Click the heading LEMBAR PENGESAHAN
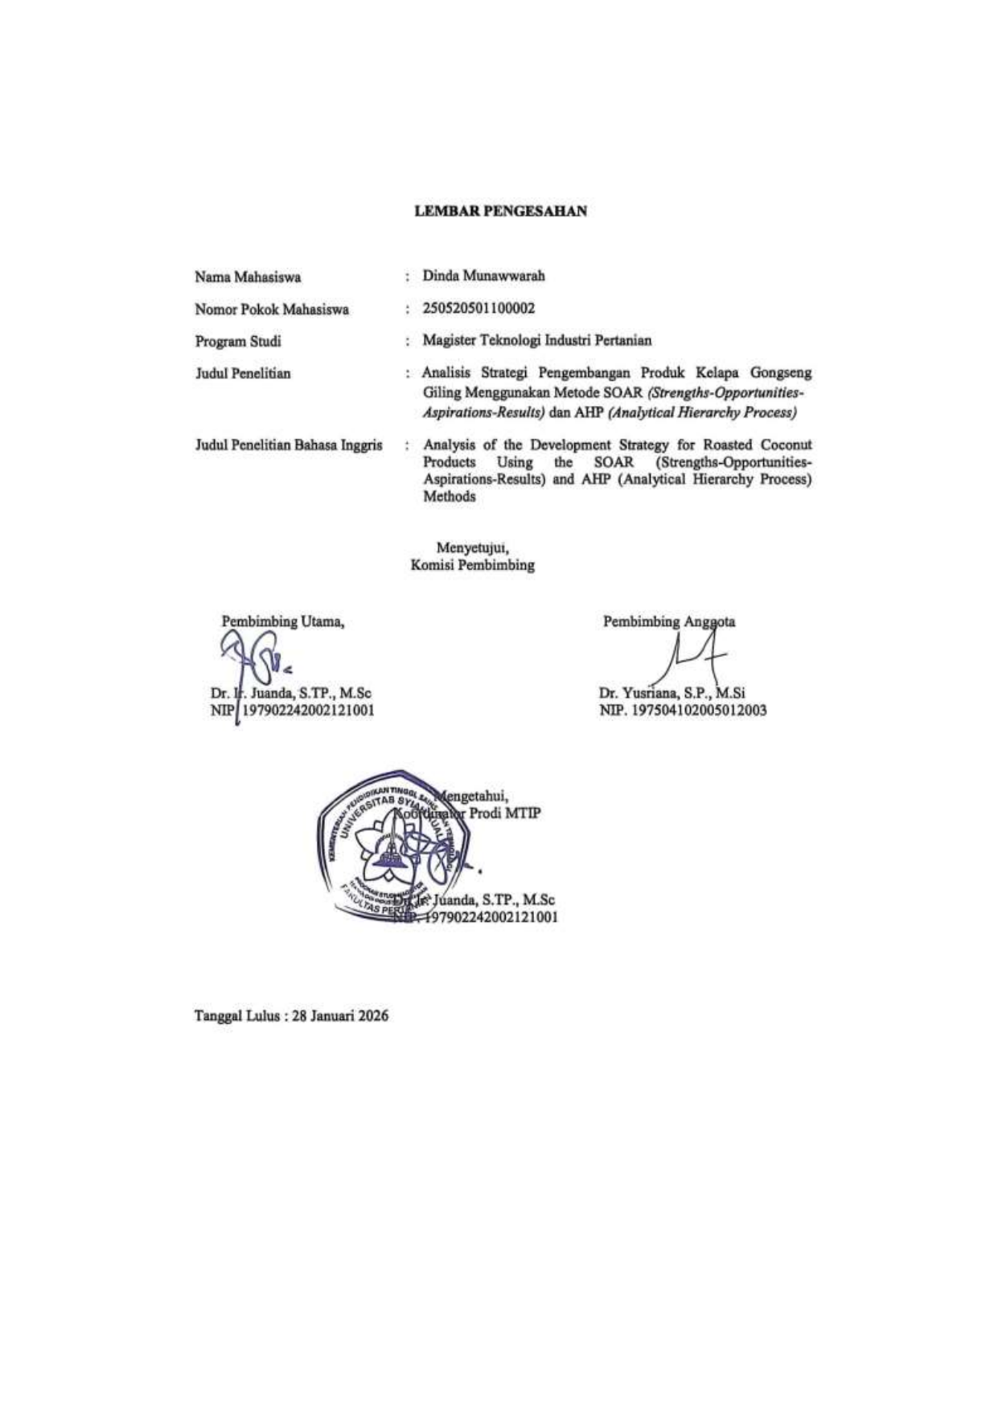pos(500,211)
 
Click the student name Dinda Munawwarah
pos(483,276)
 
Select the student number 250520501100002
pos(478,308)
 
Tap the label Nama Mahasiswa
pos(248,277)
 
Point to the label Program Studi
pos(238,341)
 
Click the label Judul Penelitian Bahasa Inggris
pos(288,445)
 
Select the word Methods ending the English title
pos(449,497)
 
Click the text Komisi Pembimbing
pos(472,565)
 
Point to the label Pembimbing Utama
pos(283,621)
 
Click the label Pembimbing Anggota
pos(668,621)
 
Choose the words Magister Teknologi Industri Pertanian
pos(537,341)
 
